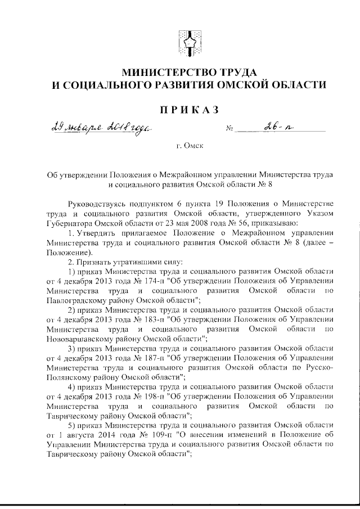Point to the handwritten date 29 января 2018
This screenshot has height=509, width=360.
click(x=84, y=128)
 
